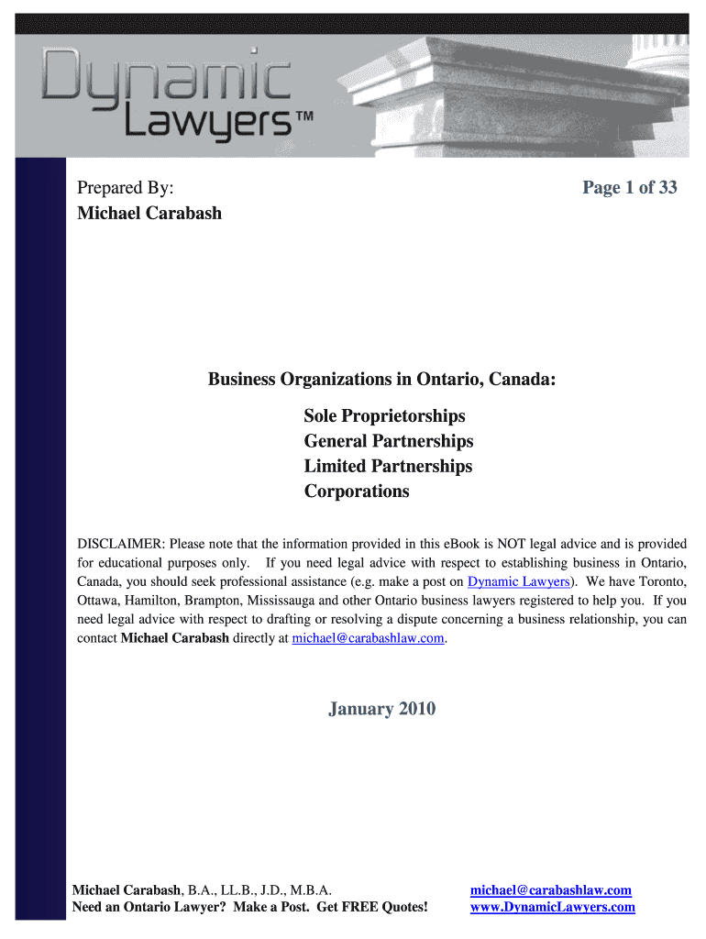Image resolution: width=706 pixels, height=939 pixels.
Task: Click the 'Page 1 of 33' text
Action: pos(629,188)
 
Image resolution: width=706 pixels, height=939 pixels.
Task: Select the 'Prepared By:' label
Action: pos(125,188)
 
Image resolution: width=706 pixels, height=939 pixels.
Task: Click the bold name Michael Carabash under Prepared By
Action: pos(149,214)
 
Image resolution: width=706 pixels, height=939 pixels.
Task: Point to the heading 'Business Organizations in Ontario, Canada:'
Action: pos(381,380)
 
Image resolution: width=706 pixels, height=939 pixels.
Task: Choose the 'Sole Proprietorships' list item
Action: pos(384,416)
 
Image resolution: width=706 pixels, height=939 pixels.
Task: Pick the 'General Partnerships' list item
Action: pos(389,441)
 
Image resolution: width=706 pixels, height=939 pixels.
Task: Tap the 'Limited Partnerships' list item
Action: pos(388,466)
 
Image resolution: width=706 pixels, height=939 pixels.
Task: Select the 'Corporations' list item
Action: pos(357,491)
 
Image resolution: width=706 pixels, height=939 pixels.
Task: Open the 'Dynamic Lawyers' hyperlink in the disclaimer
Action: pos(518,582)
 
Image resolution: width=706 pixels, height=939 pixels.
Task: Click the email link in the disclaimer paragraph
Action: pos(368,638)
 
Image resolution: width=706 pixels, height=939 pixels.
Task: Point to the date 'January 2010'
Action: pos(381,709)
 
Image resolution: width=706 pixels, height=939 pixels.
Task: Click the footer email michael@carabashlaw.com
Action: pos(550,890)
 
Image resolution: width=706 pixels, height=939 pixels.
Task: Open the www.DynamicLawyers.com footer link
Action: pos(552,907)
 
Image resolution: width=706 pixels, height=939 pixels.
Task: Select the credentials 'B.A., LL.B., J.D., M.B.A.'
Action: pos(259,890)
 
